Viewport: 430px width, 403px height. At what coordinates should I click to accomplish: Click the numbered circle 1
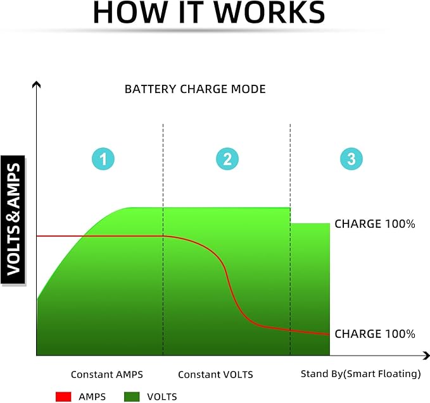(x=103, y=159)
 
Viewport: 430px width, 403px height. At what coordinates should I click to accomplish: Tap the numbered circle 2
(x=227, y=159)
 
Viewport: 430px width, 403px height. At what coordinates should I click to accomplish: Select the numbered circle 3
(x=351, y=159)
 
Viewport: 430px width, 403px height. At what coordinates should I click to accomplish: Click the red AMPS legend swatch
(x=63, y=397)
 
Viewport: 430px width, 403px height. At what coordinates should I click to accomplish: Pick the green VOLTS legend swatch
(x=132, y=397)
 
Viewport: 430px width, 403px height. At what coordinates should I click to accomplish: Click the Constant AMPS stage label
(x=107, y=375)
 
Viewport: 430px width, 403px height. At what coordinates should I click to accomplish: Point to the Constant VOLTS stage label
(x=215, y=375)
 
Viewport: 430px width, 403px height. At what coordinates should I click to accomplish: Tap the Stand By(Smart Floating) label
(x=361, y=374)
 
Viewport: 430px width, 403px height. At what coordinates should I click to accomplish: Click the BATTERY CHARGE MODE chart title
(x=195, y=89)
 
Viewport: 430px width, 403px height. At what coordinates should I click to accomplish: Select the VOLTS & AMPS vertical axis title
(x=13, y=220)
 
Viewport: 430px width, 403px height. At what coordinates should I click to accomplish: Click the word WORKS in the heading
(x=269, y=13)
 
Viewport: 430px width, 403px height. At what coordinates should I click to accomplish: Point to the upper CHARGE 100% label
(x=375, y=224)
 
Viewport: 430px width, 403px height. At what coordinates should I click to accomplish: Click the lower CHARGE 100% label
(x=375, y=334)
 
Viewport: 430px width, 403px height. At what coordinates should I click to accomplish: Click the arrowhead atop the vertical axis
(x=37, y=84)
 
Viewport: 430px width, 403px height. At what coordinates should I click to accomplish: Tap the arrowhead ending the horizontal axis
(x=426, y=356)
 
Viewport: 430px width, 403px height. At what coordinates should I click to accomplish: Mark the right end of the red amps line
(x=329, y=335)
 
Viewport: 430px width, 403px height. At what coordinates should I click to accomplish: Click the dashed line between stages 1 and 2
(x=163, y=240)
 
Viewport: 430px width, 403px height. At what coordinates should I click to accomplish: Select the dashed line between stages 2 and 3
(x=290, y=240)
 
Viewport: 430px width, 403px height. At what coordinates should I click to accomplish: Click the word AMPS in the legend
(x=92, y=397)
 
